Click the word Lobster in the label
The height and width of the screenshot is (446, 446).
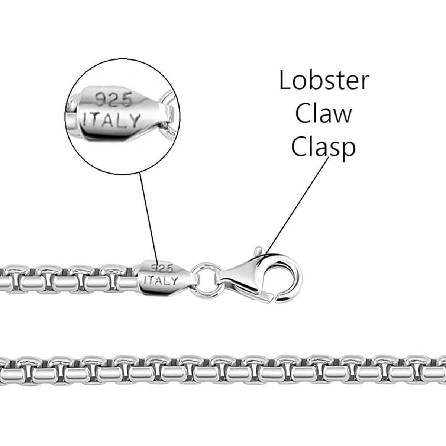click(324, 80)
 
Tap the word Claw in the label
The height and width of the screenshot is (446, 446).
click(323, 113)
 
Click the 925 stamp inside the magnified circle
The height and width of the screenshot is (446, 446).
click(113, 100)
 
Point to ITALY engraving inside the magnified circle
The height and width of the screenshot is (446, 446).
click(112, 120)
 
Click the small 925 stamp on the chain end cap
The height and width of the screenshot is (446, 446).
click(162, 268)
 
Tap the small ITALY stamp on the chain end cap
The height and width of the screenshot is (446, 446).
click(161, 280)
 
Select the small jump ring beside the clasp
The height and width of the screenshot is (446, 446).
click(206, 278)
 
